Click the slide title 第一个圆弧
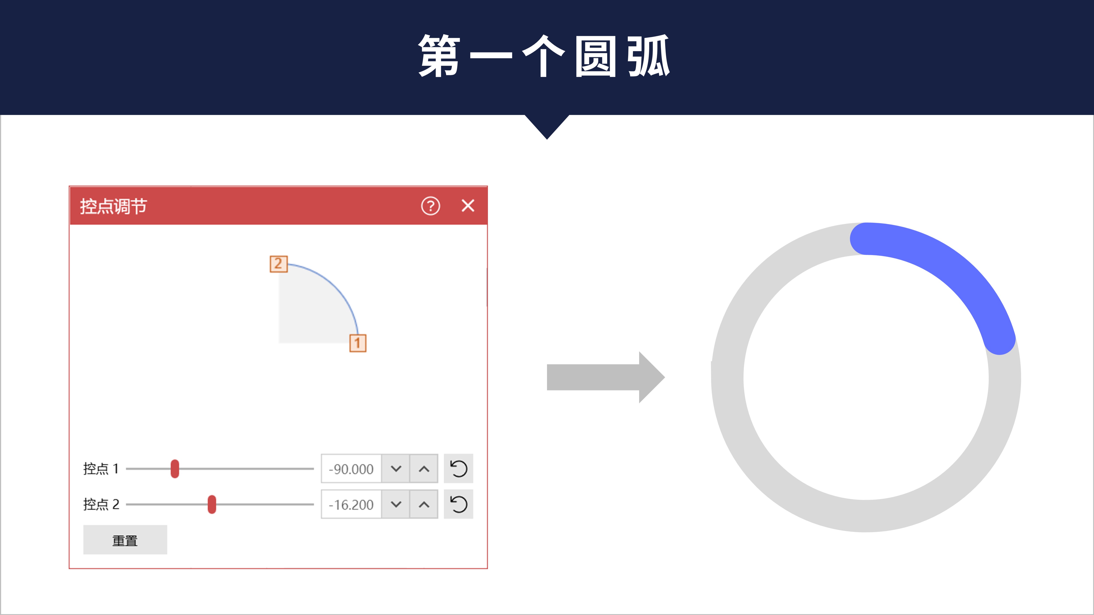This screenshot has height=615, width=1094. click(x=544, y=56)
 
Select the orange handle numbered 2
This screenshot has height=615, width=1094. click(x=279, y=264)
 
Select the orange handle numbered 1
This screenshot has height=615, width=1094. click(x=358, y=343)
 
